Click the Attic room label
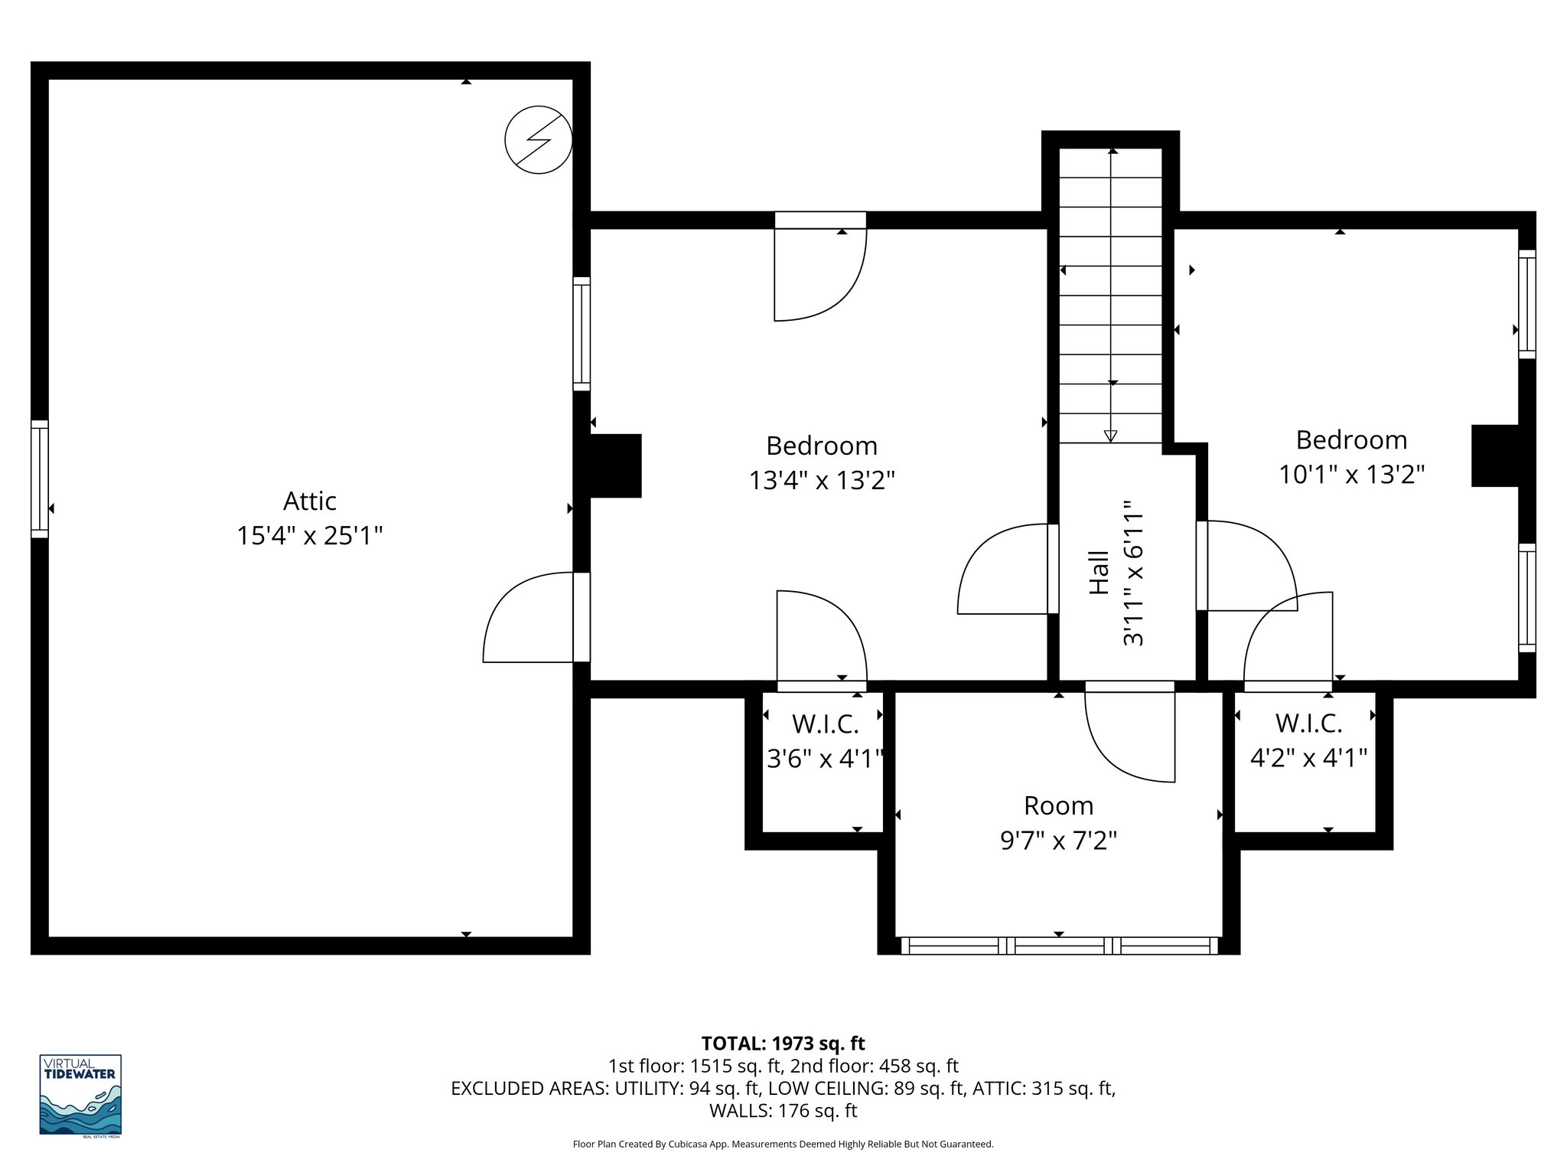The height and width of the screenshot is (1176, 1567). click(309, 501)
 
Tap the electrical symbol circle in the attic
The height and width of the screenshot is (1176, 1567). click(539, 139)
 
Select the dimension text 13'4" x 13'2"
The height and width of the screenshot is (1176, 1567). click(822, 481)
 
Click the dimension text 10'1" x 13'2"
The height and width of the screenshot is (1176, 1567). click(1351, 475)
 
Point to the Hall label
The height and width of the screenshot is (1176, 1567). click(1099, 573)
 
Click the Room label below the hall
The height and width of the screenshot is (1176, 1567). click(1058, 805)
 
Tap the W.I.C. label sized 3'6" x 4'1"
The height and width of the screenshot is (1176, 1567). click(825, 724)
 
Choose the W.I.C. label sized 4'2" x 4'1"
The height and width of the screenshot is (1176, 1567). click(1308, 724)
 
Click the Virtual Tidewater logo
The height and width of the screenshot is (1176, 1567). click(80, 1095)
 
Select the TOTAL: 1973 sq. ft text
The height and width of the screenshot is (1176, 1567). click(783, 1043)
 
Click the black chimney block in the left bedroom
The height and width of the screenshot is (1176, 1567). click(615, 466)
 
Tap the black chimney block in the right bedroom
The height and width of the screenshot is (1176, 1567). click(1495, 456)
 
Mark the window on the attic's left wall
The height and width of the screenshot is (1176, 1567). click(40, 479)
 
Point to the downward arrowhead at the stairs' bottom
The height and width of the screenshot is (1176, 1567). click(1111, 436)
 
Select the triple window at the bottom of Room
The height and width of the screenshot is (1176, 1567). click(1059, 946)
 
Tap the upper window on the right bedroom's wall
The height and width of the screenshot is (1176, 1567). click(1526, 304)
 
